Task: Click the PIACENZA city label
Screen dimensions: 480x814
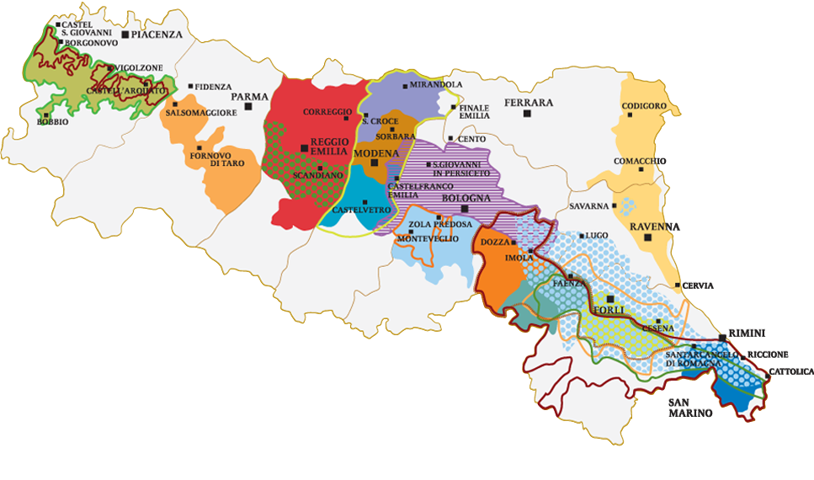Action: click(x=156, y=35)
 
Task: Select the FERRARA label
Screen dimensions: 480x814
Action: click(x=528, y=103)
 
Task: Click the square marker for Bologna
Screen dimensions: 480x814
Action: click(x=464, y=208)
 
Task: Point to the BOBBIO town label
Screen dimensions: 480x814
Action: click(x=53, y=122)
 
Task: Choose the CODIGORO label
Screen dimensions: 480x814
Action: click(x=644, y=106)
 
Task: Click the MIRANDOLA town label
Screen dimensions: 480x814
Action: click(x=436, y=85)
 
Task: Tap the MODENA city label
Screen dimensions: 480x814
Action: click(x=375, y=153)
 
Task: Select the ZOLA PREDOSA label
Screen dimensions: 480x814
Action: click(x=436, y=226)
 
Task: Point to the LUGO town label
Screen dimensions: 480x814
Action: click(x=596, y=235)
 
